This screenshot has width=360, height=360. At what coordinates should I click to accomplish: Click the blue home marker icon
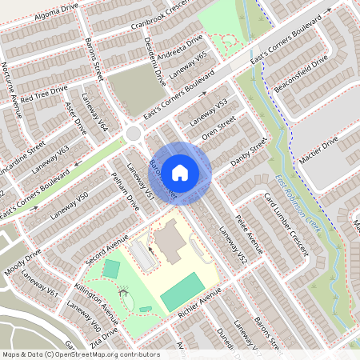tap(180, 172)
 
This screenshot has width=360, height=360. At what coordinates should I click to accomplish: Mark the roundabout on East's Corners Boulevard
tap(135, 132)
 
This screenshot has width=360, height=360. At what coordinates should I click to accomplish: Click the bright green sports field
tap(182, 291)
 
